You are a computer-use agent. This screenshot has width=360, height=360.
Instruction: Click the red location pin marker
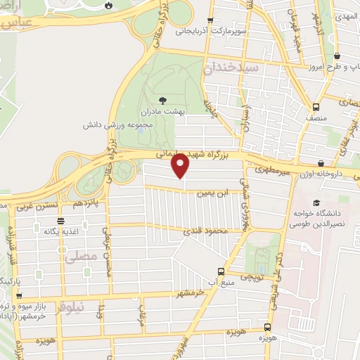point(181,166)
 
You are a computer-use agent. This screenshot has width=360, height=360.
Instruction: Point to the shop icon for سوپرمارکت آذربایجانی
point(210,21)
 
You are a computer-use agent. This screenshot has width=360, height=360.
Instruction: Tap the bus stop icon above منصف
point(316,107)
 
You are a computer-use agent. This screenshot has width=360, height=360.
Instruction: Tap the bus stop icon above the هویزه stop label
point(266,327)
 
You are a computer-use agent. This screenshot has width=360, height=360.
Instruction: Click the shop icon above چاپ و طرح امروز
point(337,56)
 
